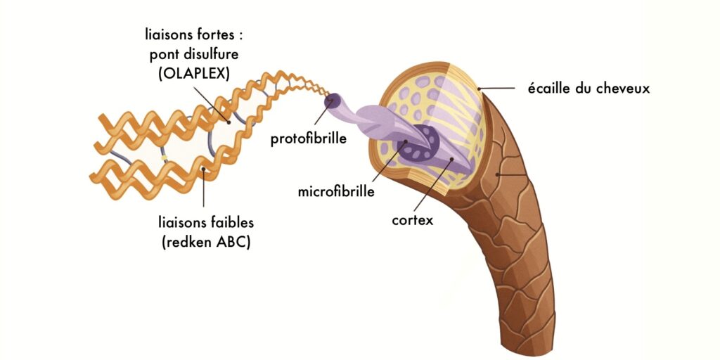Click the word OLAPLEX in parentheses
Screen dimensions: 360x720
pos(190,72)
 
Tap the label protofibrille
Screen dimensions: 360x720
pos(309,139)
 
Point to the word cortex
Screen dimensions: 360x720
pos(413,219)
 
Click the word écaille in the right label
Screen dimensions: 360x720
pos(548,89)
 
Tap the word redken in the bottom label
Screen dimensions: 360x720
pos(191,244)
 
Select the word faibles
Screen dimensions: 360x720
pos(229,223)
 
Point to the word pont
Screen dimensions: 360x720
pos(164,54)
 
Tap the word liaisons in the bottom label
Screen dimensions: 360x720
pos(181,223)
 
